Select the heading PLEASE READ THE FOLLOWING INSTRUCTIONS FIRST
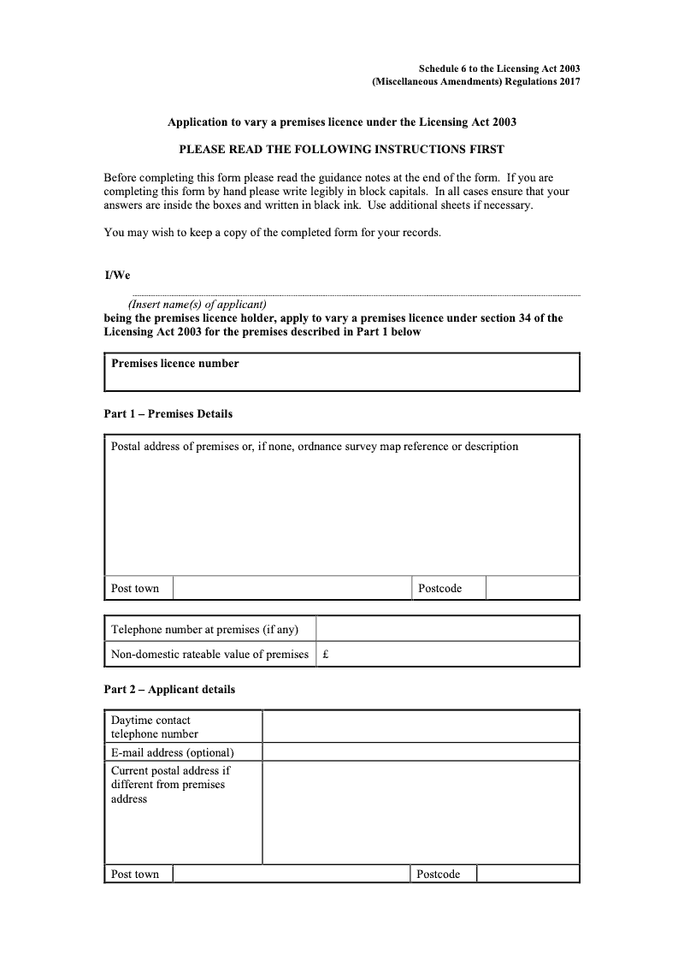point(341,149)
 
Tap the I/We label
point(116,275)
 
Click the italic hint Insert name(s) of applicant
point(198,305)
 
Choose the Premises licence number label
point(175,364)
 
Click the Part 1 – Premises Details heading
point(168,414)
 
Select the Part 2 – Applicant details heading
point(169,690)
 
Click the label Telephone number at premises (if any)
point(205,630)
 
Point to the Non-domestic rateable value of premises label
point(209,655)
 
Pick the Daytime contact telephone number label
point(155,727)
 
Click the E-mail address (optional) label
point(173,753)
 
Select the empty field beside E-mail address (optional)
point(421,753)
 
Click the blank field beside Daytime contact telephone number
point(421,727)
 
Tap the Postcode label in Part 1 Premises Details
point(439,589)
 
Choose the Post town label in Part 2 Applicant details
point(135,875)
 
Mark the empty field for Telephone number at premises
point(448,630)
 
